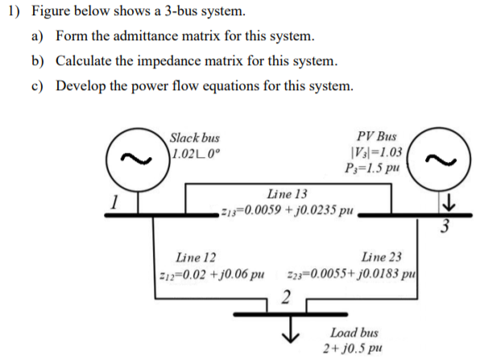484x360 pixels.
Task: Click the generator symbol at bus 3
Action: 461,159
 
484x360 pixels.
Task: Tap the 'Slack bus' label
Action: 195,139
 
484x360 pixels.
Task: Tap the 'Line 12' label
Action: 196,259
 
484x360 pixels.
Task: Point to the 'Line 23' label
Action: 382,259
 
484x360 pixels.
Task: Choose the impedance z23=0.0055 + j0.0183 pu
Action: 351,276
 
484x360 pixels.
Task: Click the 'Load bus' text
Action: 354,332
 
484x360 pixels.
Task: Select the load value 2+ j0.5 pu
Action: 354,347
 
